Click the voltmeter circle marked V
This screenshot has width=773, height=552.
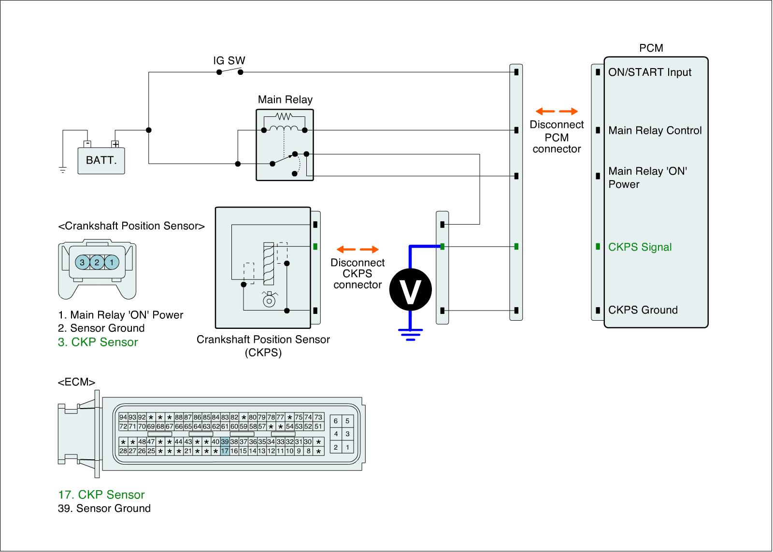[410, 289]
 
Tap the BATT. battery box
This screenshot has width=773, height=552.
[101, 160]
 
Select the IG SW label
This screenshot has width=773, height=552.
[229, 61]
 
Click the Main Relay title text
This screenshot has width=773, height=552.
[285, 99]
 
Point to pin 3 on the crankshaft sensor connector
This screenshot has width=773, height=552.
[83, 262]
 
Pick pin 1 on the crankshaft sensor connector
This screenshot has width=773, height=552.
[112, 262]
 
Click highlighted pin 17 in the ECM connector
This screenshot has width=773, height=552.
[225, 451]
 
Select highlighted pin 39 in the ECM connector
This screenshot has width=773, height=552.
[225, 442]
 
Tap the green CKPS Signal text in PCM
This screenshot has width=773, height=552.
[640, 247]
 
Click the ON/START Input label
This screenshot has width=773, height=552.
[649, 72]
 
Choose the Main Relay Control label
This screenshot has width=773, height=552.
[655, 130]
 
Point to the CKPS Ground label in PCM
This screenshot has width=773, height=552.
[643, 310]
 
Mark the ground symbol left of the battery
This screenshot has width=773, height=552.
[62, 170]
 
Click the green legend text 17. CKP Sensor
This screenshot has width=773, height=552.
[101, 495]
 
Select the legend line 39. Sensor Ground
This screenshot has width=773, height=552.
[104, 509]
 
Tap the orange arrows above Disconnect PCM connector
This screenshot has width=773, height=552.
[557, 111]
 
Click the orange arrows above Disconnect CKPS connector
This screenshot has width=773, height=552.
[358, 250]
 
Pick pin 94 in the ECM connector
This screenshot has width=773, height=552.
[123, 417]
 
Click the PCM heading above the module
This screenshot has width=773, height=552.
[651, 48]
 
